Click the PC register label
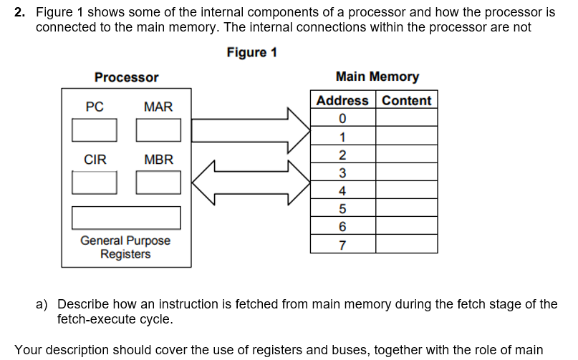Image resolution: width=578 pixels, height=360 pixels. click(x=95, y=107)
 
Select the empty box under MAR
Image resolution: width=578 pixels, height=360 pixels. click(x=158, y=130)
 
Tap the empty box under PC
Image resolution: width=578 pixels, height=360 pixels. click(x=95, y=130)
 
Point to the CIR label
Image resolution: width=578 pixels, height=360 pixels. click(x=95, y=160)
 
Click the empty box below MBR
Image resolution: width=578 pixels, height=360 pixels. click(x=158, y=183)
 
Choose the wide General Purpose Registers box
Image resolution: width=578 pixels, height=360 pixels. click(x=126, y=218)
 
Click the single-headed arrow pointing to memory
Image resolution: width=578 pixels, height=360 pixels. click(x=251, y=130)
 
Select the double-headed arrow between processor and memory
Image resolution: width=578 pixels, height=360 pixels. click(x=251, y=182)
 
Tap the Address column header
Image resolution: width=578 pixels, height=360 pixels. click(x=342, y=100)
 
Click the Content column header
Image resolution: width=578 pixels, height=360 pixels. click(x=406, y=100)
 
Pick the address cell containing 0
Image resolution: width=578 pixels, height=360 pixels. click(x=342, y=118)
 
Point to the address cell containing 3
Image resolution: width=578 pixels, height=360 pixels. click(x=342, y=172)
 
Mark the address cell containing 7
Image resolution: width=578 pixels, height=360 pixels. click(x=342, y=245)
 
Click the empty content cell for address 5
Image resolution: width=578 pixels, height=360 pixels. click(x=406, y=209)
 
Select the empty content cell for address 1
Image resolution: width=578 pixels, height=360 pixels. click(x=406, y=137)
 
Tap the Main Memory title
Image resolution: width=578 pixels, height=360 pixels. click(x=377, y=77)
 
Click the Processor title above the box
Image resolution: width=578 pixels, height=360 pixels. click(x=126, y=77)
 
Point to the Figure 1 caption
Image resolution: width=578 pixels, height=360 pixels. click(x=251, y=53)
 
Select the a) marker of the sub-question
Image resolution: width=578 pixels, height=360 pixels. click(x=42, y=304)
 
